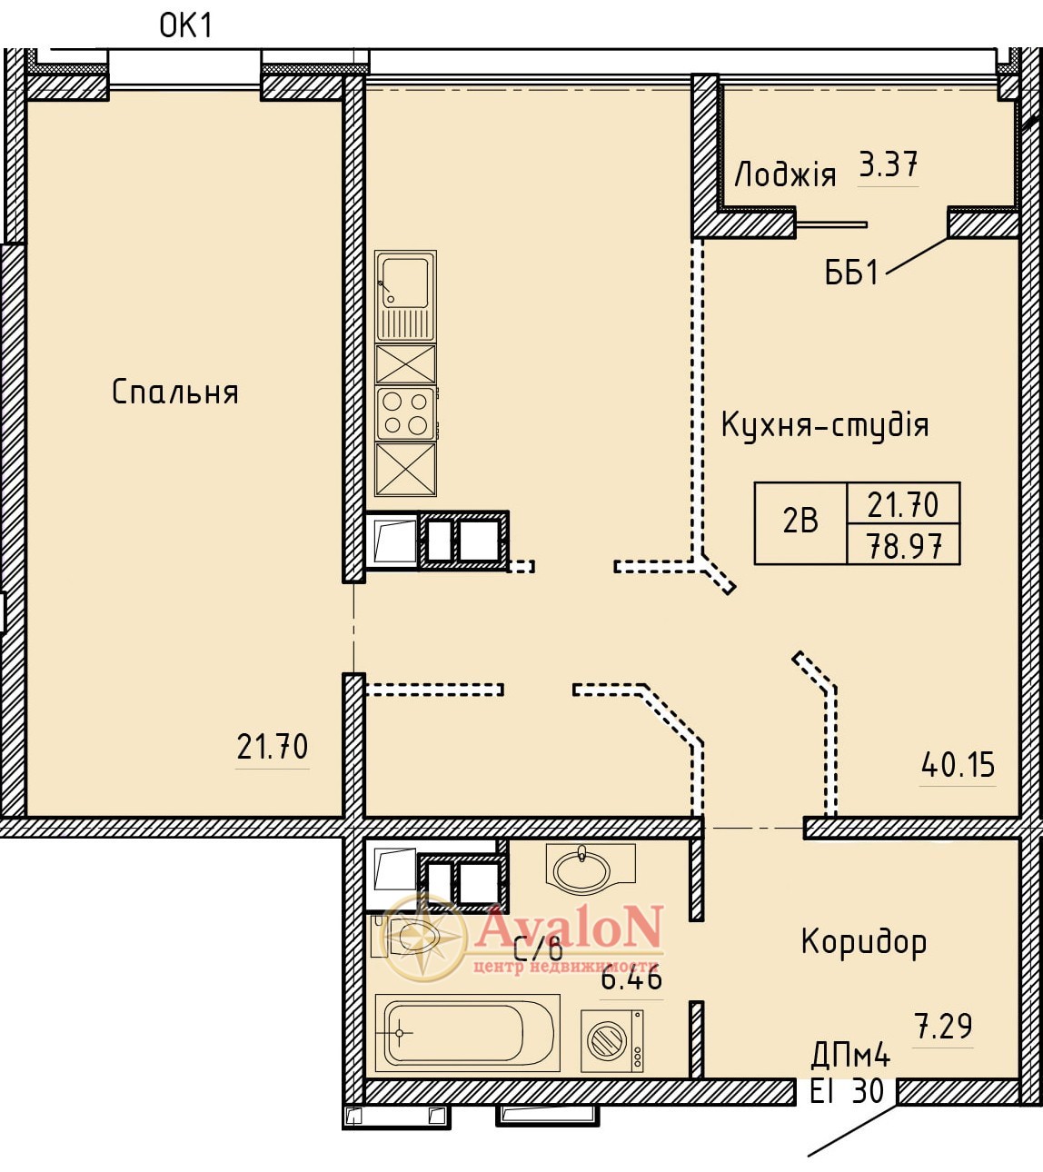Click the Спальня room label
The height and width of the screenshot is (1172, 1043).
tap(174, 392)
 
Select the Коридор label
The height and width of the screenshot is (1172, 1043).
tap(864, 943)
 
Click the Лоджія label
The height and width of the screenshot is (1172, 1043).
tap(786, 174)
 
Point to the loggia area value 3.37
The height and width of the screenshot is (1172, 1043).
tap(888, 164)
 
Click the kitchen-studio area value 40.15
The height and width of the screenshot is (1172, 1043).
tap(958, 764)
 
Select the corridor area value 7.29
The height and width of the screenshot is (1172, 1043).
tap(943, 1027)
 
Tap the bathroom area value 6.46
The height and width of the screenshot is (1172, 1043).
tap(631, 979)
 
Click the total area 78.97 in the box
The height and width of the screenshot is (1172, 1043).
tap(904, 546)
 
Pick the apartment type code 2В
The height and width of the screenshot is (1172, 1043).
tap(800, 521)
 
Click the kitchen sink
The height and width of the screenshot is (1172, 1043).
tap(405, 296)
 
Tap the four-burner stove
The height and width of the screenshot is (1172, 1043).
tap(405, 413)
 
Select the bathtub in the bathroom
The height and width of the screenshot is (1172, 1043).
tap(467, 1033)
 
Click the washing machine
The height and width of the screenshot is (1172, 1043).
tap(612, 1040)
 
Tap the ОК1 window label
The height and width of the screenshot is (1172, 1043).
tap(185, 26)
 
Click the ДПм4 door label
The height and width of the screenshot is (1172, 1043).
tap(849, 1057)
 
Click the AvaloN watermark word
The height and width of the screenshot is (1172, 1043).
tap(569, 927)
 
